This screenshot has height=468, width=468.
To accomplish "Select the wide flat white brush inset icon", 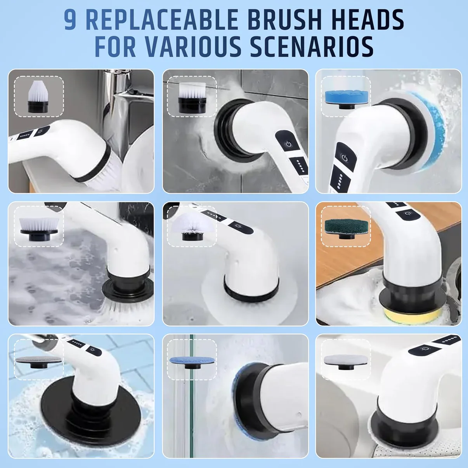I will [38, 226].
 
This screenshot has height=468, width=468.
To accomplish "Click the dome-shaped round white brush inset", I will [191, 227].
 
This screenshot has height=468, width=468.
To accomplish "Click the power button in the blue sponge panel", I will [344, 158].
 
